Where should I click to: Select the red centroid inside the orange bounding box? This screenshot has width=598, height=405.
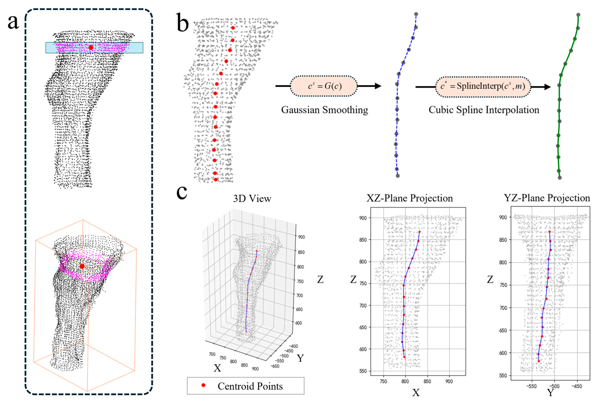click(x=82, y=266)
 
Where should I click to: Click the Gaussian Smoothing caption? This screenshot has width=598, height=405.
click(x=325, y=110)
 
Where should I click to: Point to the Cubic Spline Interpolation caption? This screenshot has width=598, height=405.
click(x=484, y=110)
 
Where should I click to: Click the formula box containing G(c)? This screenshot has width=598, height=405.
click(x=324, y=86)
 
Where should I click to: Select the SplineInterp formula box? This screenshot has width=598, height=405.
click(x=483, y=87)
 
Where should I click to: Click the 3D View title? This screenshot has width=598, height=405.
click(x=252, y=199)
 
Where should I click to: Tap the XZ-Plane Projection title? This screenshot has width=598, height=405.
click(x=409, y=198)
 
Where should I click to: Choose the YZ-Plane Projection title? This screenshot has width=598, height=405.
click(x=547, y=198)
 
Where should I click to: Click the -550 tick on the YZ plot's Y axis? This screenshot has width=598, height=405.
click(x=532, y=386)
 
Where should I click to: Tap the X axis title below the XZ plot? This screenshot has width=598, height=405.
click(x=416, y=393)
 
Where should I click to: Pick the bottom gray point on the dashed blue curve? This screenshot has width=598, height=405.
click(x=398, y=176)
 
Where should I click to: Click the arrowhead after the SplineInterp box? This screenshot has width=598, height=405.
click(x=547, y=87)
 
